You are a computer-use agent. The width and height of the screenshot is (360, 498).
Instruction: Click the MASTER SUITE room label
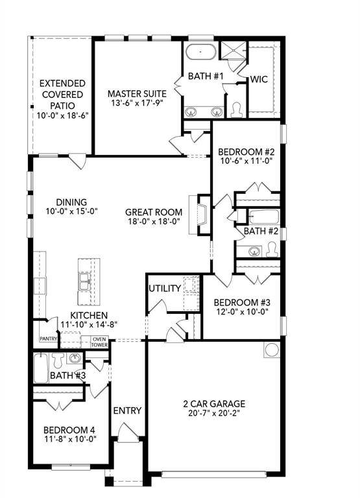(x=137, y=93)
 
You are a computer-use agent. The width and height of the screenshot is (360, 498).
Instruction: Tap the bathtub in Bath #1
(x=201, y=52)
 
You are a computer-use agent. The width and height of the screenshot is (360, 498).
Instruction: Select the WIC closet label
(x=259, y=79)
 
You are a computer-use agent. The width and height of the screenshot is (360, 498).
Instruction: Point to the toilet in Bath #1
(x=236, y=109)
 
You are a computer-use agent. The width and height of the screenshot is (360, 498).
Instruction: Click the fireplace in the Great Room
(x=200, y=215)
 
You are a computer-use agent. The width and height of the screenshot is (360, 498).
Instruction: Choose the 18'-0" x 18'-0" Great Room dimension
(x=154, y=222)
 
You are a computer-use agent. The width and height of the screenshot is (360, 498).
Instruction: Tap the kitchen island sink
(x=85, y=281)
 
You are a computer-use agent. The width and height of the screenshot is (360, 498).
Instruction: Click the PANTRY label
(x=49, y=339)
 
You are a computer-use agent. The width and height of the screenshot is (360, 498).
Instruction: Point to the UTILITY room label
(x=165, y=289)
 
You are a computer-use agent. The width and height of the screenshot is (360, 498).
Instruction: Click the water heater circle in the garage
(x=272, y=350)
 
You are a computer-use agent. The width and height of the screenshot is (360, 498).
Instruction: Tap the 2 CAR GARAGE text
(x=214, y=404)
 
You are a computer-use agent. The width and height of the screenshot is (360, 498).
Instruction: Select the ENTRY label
(x=127, y=410)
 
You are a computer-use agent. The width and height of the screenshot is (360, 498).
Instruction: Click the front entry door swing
(x=128, y=433)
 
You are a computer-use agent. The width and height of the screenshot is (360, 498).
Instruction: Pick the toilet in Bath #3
(x=58, y=361)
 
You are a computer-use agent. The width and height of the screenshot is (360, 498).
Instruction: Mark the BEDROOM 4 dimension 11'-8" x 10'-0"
(x=70, y=439)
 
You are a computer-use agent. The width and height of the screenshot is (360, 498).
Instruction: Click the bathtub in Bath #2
(x=264, y=217)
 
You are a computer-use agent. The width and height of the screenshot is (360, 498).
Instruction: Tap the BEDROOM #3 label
(x=242, y=302)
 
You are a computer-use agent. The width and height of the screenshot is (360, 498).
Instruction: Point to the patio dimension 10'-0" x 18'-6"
(x=62, y=115)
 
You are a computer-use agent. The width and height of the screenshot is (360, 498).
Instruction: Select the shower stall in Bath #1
(x=234, y=50)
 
